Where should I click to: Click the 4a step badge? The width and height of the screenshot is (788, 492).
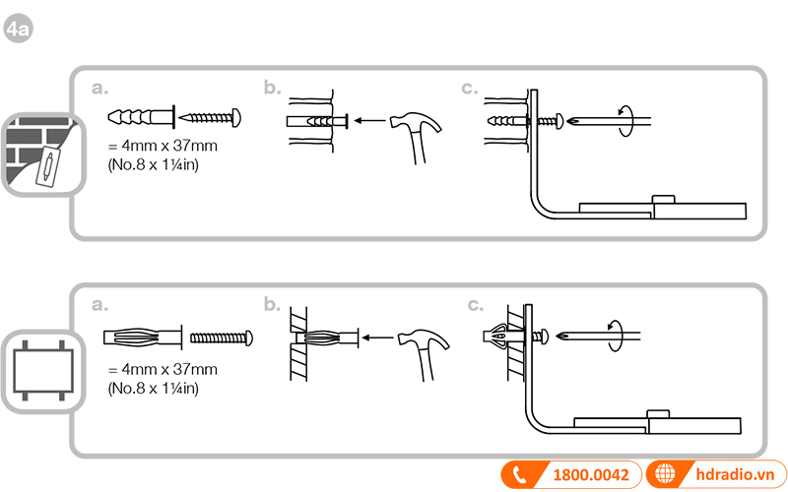(x=19, y=30)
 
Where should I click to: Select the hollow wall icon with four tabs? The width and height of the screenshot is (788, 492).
(x=36, y=373)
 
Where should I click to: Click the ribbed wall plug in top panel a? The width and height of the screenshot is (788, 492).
(x=139, y=116)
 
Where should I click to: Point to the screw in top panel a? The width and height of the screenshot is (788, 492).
(x=211, y=116)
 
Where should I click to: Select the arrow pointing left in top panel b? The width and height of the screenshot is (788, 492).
(x=368, y=120)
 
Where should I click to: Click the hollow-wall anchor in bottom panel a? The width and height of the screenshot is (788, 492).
(x=142, y=337)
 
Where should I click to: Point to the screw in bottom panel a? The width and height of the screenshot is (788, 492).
(x=221, y=337)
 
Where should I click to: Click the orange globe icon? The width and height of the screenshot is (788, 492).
(x=668, y=474)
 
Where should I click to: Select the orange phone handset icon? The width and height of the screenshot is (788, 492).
(x=520, y=474)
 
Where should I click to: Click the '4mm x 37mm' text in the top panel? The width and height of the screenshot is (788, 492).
(x=162, y=147)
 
